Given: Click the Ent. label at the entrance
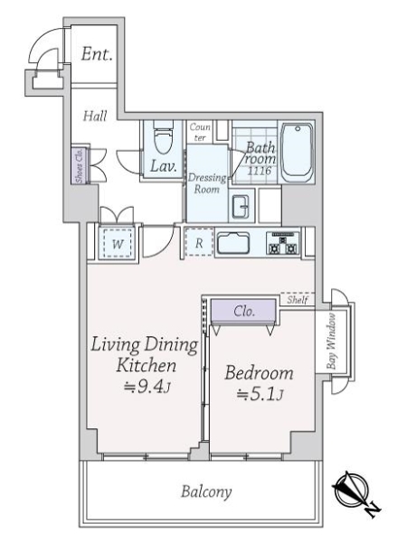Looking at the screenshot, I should click(x=97, y=55).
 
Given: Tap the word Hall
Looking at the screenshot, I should click(x=95, y=117).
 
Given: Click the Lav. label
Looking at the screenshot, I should click(x=163, y=166).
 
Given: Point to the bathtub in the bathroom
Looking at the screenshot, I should click(x=296, y=152).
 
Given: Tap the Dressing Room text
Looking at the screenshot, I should click(x=206, y=183).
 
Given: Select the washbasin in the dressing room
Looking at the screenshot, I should click(x=241, y=207).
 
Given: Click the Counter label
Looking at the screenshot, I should click(x=200, y=132).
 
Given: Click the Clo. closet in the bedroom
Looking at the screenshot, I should click(x=242, y=311).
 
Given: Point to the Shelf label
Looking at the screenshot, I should click(x=299, y=300).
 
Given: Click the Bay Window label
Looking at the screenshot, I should click(x=332, y=341).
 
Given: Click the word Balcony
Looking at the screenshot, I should click(x=205, y=492).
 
